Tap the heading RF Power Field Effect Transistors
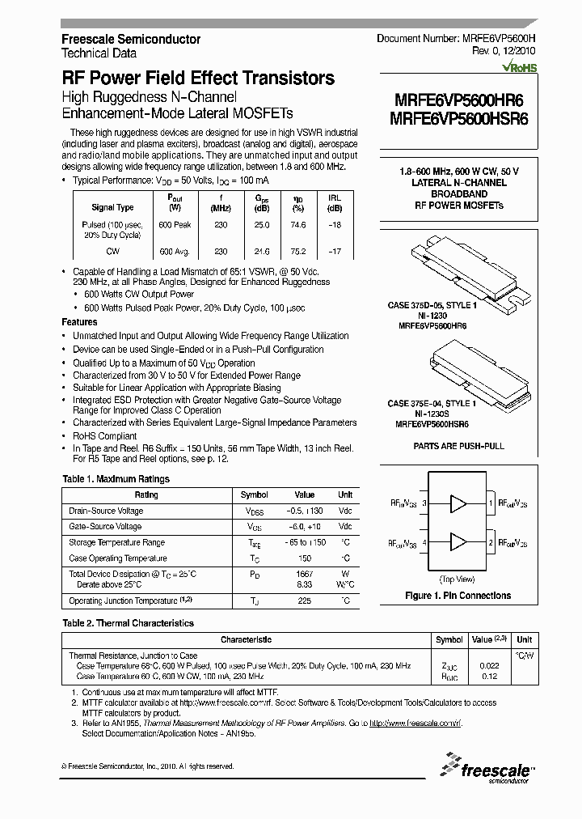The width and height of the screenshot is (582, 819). point(198,79)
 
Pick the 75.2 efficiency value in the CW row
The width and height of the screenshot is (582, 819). point(297,252)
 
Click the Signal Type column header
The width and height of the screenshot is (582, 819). point(113,207)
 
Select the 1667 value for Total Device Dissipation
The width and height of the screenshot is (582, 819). point(304,574)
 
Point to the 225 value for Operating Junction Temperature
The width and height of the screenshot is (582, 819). point(304,601)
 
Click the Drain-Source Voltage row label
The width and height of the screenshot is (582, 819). point(106,511)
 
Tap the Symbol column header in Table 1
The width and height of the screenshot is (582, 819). point(255,494)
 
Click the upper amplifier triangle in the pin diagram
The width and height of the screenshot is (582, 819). point(458,503)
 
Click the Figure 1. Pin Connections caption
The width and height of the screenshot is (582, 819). point(458,596)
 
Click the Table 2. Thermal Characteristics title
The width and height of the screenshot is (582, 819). point(128,623)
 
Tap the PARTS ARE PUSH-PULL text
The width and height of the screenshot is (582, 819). point(458,446)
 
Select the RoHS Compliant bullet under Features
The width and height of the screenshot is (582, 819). point(105,435)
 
